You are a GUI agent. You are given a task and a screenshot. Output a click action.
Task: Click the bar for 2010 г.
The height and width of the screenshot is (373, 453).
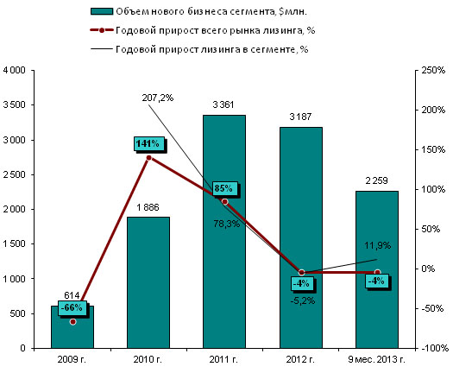(148, 282)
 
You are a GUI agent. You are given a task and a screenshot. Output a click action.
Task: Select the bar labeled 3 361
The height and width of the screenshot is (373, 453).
(224, 231)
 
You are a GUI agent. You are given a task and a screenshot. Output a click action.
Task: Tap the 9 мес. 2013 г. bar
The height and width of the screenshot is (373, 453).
(377, 269)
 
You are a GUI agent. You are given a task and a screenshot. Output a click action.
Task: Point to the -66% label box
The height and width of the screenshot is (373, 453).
(72, 307)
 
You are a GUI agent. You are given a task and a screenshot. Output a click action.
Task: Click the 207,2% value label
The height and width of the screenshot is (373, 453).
(157, 98)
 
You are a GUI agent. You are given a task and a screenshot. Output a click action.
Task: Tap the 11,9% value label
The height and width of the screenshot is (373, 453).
(377, 245)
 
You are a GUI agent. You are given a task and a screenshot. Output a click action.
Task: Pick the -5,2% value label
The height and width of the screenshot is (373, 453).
(303, 300)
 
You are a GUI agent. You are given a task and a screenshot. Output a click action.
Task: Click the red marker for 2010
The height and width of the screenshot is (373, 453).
(148, 158)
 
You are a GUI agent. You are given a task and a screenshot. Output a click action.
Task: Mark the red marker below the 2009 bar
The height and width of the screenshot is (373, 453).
(72, 322)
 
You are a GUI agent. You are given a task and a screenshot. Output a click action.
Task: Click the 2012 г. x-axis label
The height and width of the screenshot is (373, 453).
(300, 359)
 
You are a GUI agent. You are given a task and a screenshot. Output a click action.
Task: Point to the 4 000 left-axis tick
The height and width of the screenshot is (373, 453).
(15, 70)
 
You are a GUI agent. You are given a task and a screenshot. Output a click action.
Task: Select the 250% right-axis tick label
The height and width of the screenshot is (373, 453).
(433, 70)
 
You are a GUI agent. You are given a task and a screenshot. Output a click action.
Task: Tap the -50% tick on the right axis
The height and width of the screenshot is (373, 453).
(432, 308)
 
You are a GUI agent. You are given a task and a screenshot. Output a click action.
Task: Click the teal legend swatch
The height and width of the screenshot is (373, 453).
(102, 11)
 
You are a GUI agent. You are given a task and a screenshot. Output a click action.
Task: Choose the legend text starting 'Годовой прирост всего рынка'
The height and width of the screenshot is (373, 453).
(215, 30)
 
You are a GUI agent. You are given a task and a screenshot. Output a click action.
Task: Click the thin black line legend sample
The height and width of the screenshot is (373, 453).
(102, 49)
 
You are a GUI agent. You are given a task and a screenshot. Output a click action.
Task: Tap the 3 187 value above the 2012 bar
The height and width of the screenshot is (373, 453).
(300, 117)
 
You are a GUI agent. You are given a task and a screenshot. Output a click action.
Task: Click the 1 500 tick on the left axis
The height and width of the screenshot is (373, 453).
(15, 243)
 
